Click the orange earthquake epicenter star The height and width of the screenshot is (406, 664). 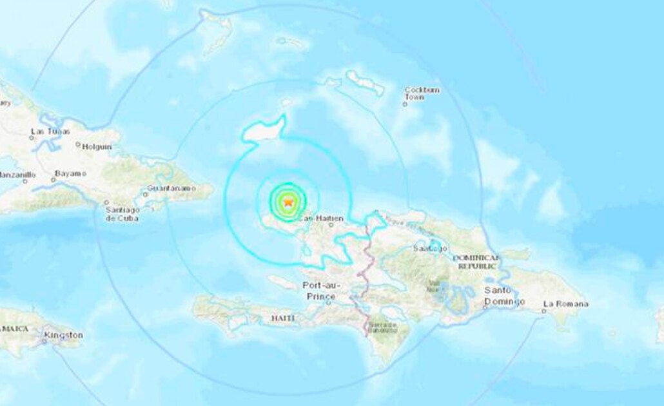[288, 202]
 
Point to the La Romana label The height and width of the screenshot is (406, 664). [565, 304]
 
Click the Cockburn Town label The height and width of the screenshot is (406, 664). [422, 93]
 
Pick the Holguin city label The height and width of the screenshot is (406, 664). [97, 146]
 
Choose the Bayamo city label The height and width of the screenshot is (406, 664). [70, 174]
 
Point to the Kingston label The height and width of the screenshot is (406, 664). [63, 335]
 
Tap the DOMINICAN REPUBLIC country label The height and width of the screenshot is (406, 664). [476, 261]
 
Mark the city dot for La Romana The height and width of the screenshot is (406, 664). [543, 311]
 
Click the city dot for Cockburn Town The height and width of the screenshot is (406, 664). [405, 104]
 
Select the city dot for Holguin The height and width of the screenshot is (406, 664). [78, 145]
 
